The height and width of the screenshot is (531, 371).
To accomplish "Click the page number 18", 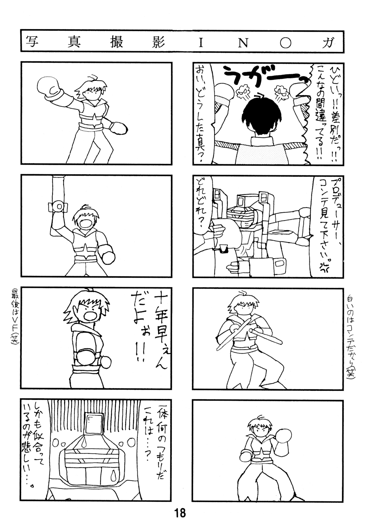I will pos(180,513).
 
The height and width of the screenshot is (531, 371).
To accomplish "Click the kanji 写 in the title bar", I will pos(32,42).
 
